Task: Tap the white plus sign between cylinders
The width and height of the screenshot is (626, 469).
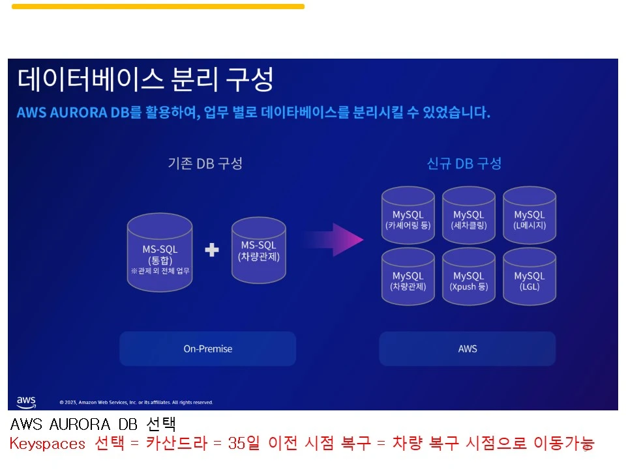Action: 212,249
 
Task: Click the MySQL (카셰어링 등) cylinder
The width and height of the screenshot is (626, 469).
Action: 408,216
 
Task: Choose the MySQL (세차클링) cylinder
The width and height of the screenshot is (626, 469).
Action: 468,216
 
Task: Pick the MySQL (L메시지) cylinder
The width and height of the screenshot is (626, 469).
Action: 529,216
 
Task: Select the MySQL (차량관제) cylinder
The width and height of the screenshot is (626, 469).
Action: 408,277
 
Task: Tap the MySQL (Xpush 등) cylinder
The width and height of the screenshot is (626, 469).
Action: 468,277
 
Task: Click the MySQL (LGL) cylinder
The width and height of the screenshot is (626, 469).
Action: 529,277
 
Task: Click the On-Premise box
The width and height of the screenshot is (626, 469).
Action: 207,348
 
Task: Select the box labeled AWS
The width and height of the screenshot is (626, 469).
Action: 468,348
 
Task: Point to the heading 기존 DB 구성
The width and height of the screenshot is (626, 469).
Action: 205,163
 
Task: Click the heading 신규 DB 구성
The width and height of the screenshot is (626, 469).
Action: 464,163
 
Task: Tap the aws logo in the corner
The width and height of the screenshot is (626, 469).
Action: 26,401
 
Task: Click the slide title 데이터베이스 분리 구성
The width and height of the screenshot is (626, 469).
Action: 145,79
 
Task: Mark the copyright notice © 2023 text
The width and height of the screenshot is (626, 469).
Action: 136,403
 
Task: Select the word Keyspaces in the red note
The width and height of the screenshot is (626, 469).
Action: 48,444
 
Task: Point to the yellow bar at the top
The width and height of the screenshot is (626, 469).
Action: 158,7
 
